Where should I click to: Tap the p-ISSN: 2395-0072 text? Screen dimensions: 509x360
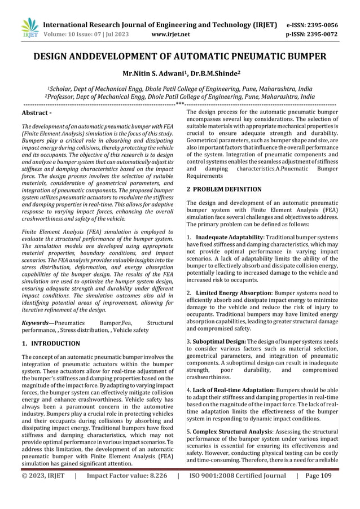313,34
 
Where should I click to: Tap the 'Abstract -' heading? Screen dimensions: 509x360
38,113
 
